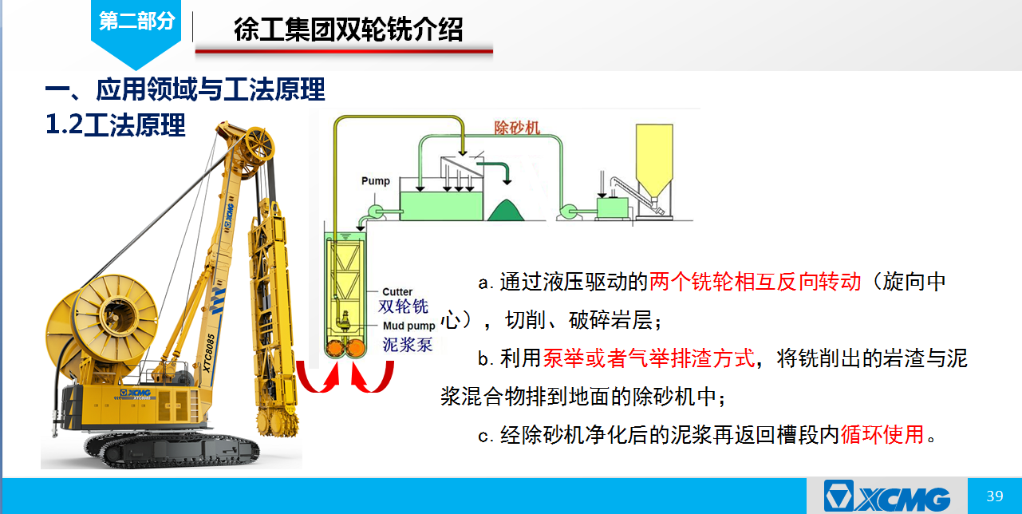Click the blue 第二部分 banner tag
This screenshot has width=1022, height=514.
click(136, 27)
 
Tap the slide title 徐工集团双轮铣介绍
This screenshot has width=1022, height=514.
click(348, 30)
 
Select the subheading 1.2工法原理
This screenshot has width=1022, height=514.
click(116, 125)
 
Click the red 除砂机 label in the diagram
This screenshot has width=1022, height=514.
click(517, 128)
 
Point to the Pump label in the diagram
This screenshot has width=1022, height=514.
click(376, 180)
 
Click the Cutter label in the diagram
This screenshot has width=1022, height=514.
click(397, 291)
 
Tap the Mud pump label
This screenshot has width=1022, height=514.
click(408, 326)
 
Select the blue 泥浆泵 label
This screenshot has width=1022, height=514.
click(407, 345)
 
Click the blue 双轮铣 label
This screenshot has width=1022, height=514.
click(404, 306)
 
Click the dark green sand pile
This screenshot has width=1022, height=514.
click(506, 211)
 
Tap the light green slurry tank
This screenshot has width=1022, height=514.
click(441, 206)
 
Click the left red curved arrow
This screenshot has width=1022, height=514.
click(318, 379)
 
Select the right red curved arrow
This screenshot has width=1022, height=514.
click(373, 378)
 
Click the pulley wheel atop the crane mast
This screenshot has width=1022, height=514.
click(259, 144)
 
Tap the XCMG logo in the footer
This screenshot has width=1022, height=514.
click(887, 496)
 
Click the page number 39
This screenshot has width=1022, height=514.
click(995, 496)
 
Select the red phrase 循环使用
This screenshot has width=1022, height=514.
click(882, 434)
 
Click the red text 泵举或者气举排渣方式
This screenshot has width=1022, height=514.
click(649, 358)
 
